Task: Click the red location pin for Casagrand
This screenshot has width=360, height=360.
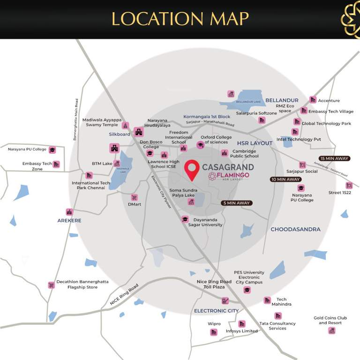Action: [x=191, y=169]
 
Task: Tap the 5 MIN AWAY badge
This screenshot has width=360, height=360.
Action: [x=236, y=203]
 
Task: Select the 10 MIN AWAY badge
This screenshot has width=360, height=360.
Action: [x=285, y=180]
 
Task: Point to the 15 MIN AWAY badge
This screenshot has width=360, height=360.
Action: [x=334, y=158]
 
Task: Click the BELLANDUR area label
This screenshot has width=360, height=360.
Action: [x=282, y=100]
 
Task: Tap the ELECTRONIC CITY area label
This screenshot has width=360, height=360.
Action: [x=216, y=311]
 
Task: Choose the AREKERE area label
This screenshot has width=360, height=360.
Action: [x=69, y=220]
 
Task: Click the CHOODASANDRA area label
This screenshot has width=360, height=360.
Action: [x=295, y=229]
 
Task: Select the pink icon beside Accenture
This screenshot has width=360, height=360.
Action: [x=313, y=99]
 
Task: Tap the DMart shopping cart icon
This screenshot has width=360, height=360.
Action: [x=135, y=197]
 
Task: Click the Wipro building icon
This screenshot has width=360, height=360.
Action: [x=214, y=332]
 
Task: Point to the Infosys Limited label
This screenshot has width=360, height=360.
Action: [x=243, y=331]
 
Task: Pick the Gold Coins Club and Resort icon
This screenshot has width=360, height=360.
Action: [x=332, y=330]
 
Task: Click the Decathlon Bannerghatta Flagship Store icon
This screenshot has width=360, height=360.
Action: [x=51, y=285]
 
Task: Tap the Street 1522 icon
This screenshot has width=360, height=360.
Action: [x=349, y=186]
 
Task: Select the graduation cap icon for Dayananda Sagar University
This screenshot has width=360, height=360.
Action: [x=185, y=219]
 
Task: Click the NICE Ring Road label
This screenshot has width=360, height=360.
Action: [x=124, y=295]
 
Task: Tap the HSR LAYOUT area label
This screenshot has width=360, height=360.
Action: [x=255, y=143]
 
